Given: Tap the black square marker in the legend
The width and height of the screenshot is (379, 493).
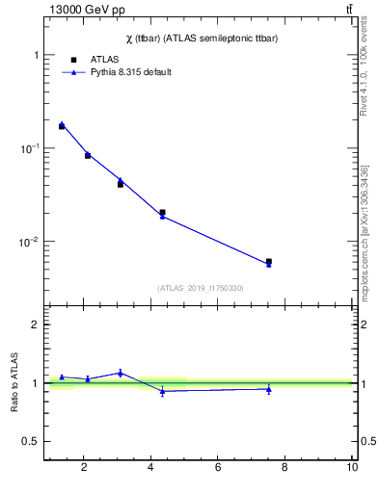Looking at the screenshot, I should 74,60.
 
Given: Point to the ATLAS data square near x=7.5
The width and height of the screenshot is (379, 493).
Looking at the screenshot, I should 269,261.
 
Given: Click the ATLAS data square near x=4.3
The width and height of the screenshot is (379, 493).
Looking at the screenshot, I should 162,212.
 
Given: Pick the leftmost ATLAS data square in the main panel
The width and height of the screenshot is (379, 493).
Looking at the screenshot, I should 62,126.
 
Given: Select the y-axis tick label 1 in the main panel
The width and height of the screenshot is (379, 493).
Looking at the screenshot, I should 35,56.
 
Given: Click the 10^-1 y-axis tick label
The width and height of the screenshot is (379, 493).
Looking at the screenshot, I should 30,148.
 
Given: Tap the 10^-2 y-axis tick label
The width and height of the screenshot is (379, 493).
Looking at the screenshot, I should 30,241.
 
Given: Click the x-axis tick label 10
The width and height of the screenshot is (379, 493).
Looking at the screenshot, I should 352,468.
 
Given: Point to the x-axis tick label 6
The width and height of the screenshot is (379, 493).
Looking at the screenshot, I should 218,468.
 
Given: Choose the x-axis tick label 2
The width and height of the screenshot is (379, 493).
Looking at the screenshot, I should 84,468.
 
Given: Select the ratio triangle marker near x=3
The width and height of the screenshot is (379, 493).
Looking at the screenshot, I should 121,373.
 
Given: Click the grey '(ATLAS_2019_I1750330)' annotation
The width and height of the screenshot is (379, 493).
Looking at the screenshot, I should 201,288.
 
